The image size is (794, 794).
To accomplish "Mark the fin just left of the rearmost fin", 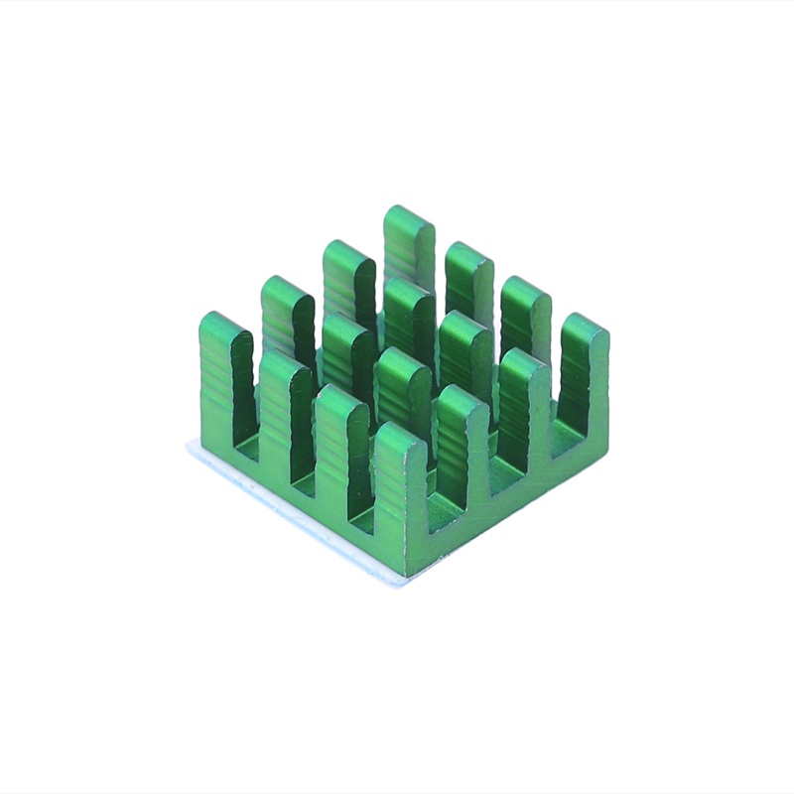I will [x=348, y=283].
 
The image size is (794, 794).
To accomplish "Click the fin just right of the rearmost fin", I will [x=468, y=283].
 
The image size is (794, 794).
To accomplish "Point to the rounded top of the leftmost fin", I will [x=224, y=324].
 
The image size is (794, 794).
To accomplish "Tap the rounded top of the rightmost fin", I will [x=585, y=326].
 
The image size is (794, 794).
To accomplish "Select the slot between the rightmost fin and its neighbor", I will [x=556, y=417].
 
